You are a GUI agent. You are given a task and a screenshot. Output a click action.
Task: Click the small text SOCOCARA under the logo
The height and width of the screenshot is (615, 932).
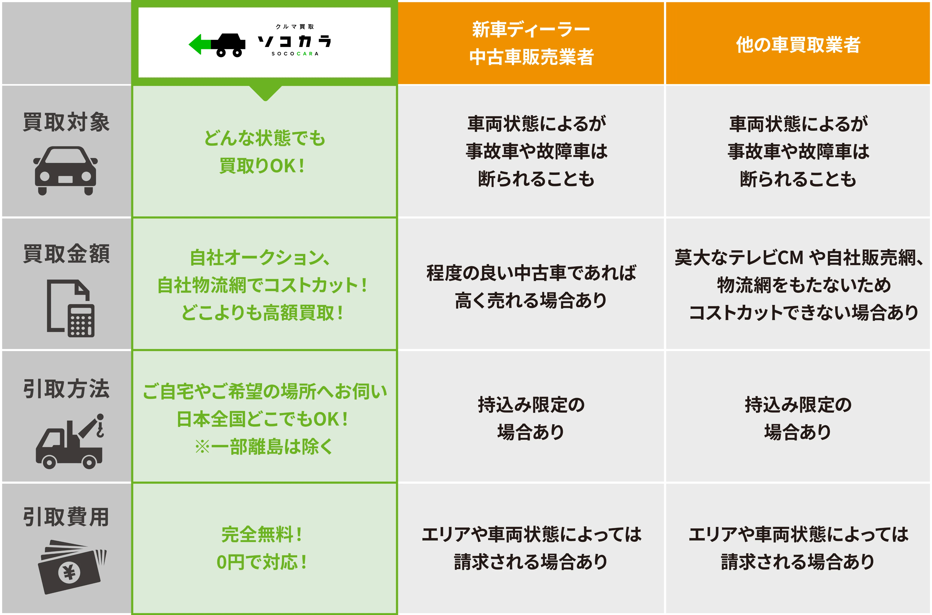(x=295, y=54)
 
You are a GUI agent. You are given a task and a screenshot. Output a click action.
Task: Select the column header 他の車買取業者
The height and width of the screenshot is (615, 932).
(x=798, y=44)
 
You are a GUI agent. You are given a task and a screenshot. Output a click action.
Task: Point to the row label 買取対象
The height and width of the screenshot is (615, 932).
(x=66, y=122)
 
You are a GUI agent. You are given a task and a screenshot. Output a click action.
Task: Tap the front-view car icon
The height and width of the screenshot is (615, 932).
(x=66, y=171)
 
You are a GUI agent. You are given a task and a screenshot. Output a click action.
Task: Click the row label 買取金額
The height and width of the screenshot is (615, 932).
(x=66, y=253)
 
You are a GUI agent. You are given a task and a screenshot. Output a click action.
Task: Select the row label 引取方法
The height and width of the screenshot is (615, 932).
(x=66, y=389)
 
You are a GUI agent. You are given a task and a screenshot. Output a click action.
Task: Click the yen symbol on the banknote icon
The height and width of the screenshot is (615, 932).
(x=70, y=573)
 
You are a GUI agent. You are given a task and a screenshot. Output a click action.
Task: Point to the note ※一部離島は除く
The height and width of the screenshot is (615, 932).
(x=264, y=447)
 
